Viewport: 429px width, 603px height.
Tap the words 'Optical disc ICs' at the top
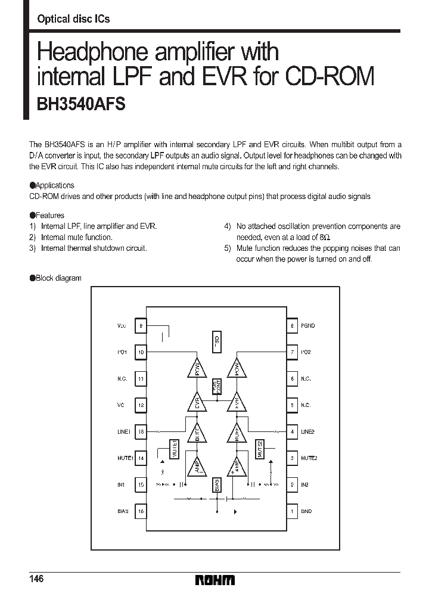click(x=73, y=19)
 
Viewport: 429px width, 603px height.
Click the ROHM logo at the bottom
click(x=215, y=580)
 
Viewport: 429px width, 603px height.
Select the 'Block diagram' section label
click(x=58, y=278)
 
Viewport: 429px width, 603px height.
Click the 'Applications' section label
click(x=55, y=185)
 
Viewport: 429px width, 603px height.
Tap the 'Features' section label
click(x=50, y=215)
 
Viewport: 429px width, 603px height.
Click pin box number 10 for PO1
click(x=141, y=352)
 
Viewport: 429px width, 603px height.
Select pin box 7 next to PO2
click(x=292, y=352)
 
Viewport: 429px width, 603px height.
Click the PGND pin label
click(x=307, y=326)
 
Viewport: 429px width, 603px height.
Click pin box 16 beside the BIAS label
click(x=141, y=511)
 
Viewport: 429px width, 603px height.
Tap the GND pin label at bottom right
click(x=306, y=511)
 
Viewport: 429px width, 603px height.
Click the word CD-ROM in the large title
click(x=329, y=77)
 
